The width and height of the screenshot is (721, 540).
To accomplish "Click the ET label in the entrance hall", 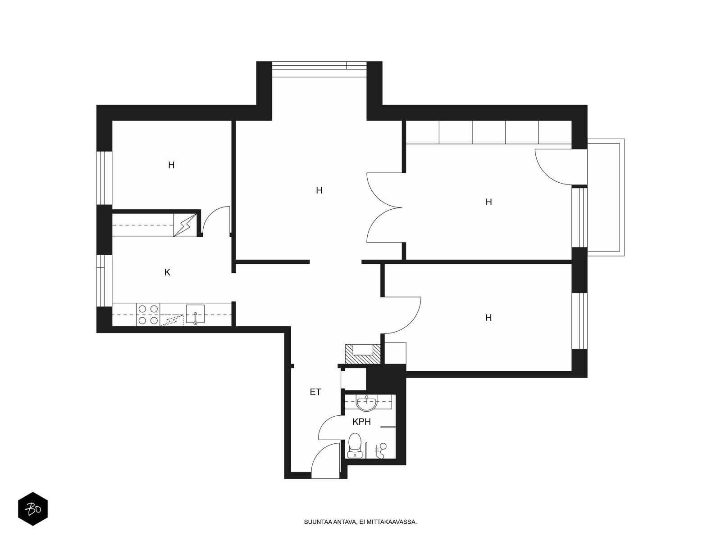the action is (x=315, y=392).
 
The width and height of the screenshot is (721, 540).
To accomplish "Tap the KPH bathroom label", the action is (x=361, y=422).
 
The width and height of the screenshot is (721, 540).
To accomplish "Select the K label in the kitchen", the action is (x=167, y=272).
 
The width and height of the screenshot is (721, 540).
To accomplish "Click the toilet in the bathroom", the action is (x=355, y=445).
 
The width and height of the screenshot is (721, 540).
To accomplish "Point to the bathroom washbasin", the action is (x=366, y=403).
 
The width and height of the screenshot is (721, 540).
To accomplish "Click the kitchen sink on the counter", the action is (x=195, y=314).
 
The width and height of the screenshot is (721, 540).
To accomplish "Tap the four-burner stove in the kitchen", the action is (x=148, y=315).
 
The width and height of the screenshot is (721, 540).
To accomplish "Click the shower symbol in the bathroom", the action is (x=381, y=450).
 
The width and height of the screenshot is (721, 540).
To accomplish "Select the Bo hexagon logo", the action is (x=33, y=508).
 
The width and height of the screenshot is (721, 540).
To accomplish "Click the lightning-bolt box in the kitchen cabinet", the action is (x=185, y=225).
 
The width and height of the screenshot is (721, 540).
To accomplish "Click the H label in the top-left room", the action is (x=171, y=165).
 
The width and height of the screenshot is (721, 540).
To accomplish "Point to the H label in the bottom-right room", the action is (x=488, y=317).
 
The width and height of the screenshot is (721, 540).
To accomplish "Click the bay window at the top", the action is (x=319, y=69).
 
